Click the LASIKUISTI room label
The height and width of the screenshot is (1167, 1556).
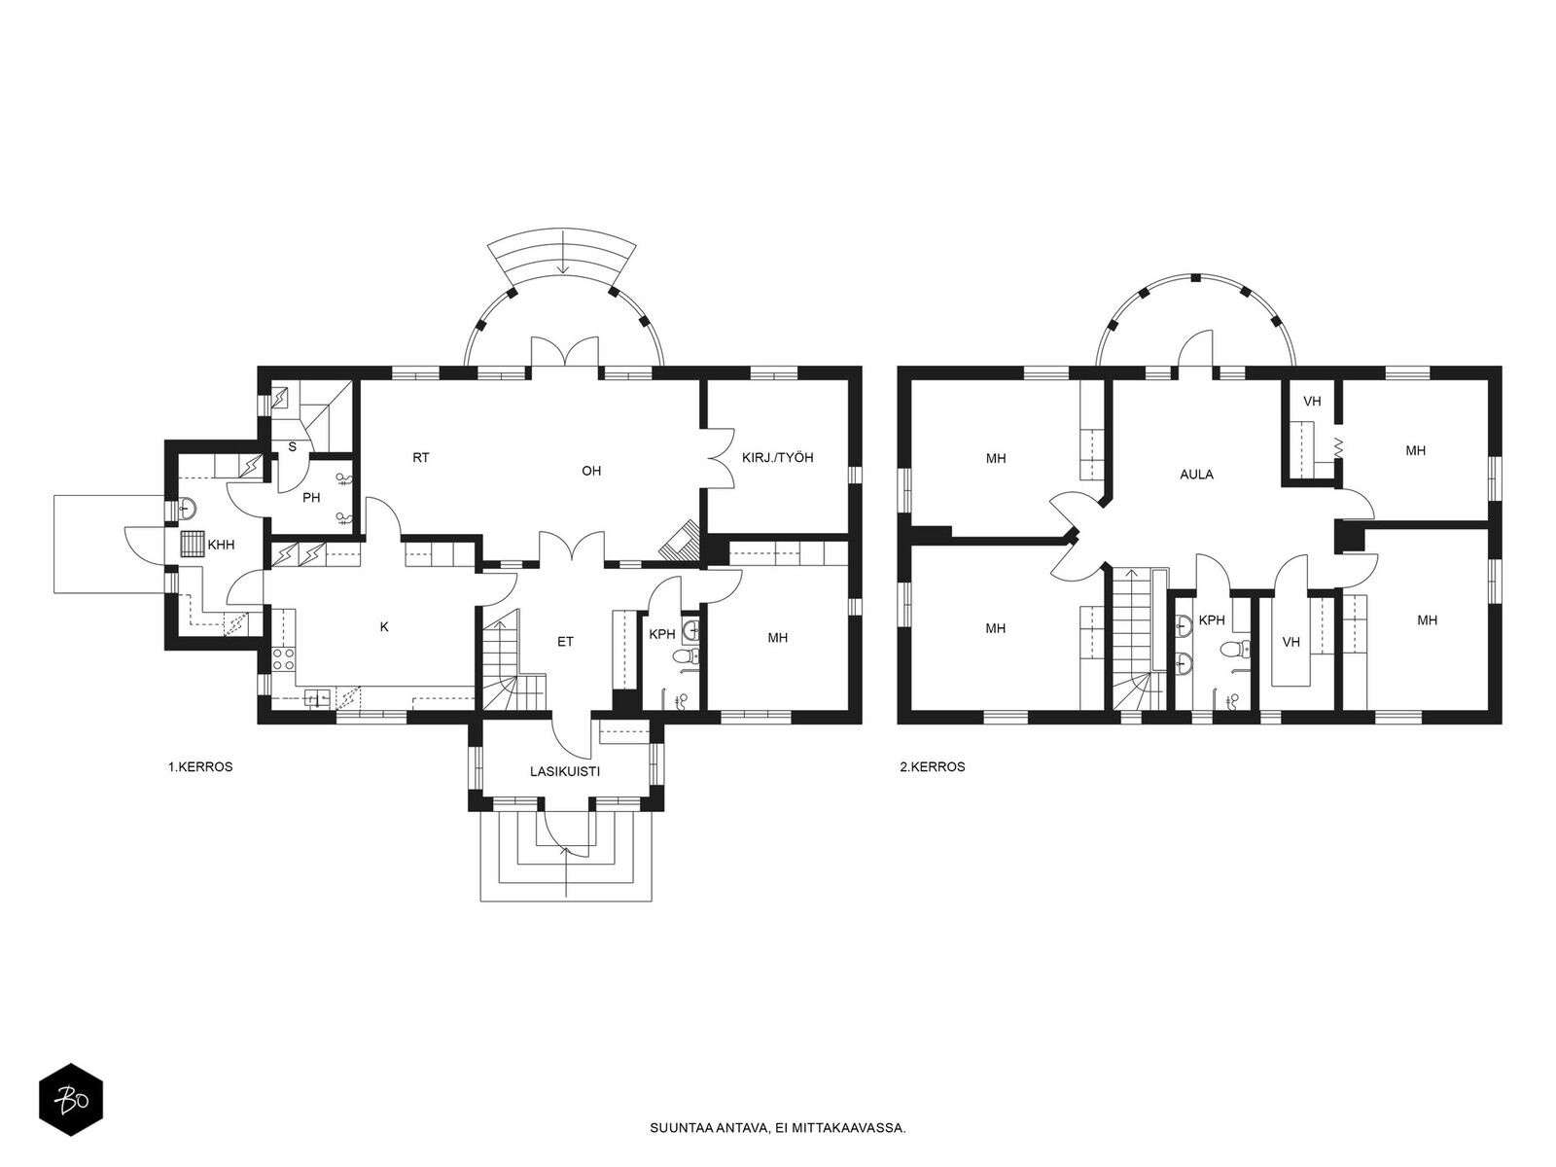[x=564, y=771]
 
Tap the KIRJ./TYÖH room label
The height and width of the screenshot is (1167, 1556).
[x=778, y=458]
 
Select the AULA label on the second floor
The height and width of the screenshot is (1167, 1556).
[x=1196, y=475]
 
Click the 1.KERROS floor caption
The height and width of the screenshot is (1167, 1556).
[x=200, y=766]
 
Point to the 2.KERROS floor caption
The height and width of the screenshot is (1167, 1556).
[x=933, y=766]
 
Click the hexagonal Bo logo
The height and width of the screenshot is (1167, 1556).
[x=71, y=1100]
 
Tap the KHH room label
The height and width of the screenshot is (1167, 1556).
[x=221, y=545]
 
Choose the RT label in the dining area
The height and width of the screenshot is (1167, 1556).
[x=420, y=458]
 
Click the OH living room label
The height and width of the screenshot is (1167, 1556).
[x=591, y=471]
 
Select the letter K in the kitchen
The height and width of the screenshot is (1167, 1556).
[x=384, y=627]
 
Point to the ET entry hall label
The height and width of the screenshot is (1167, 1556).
[x=565, y=642]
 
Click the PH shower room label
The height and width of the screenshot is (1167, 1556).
[x=311, y=498]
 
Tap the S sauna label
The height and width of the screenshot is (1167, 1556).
[x=292, y=447]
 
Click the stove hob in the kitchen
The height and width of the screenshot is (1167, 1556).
[x=284, y=658]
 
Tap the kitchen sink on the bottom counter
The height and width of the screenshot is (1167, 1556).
[x=316, y=698]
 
